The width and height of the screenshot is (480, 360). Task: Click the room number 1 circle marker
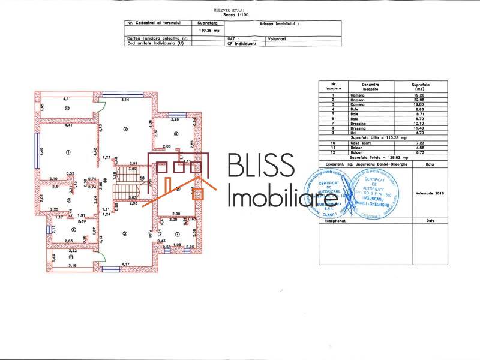tap(68, 152)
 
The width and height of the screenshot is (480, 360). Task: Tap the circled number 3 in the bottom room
tap(124, 233)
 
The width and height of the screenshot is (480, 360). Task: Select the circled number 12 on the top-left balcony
tap(68, 108)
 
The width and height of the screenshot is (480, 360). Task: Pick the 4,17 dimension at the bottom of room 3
tap(125, 264)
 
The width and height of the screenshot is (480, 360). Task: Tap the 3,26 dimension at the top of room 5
tap(175, 119)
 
